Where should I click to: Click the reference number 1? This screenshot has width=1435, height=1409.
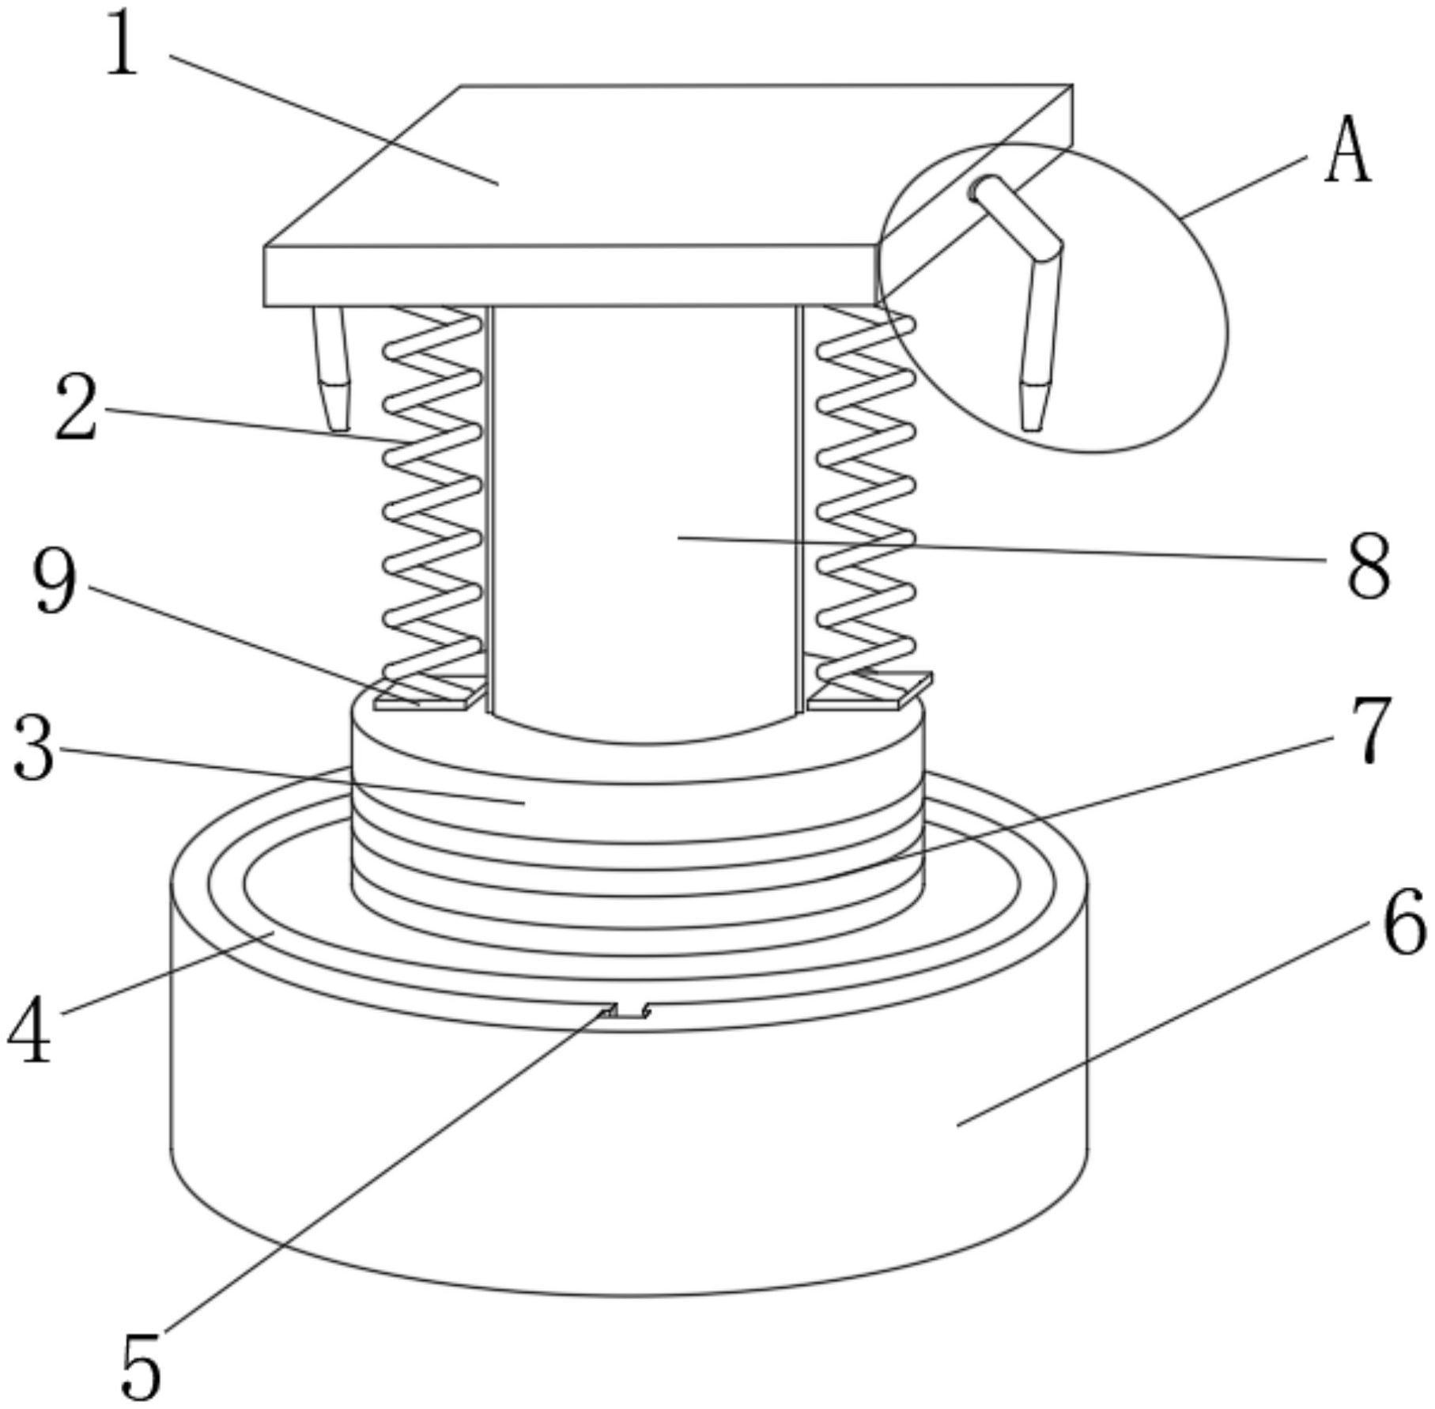coord(123,43)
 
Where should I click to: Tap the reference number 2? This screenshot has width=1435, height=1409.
coord(76,407)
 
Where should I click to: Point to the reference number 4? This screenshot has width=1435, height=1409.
coord(30,1029)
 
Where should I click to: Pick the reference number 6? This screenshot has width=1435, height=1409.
coord(1405,921)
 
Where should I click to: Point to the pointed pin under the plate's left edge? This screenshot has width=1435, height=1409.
coord(331,368)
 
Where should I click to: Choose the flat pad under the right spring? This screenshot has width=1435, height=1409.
coord(870,689)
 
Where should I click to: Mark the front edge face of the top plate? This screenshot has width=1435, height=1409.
coord(570,276)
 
